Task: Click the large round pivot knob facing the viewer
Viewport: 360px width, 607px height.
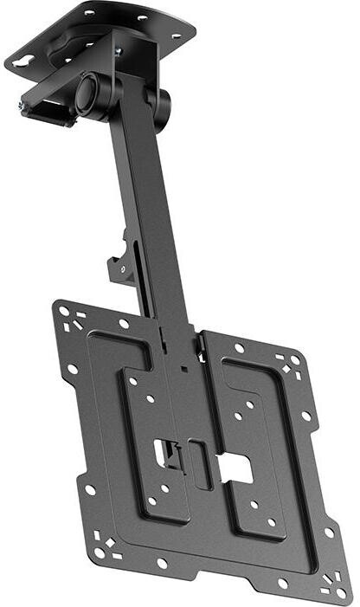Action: [89, 94]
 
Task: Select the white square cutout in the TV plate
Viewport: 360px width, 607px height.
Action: [235, 469]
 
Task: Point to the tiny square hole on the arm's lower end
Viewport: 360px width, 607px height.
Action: [183, 367]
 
